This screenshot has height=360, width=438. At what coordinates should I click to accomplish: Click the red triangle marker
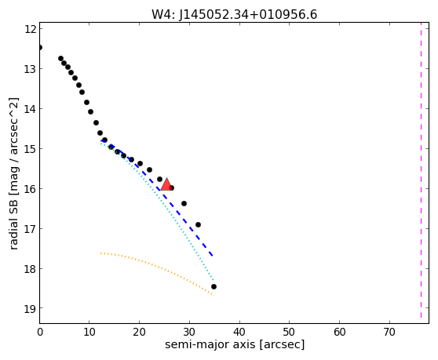[x=166, y=184]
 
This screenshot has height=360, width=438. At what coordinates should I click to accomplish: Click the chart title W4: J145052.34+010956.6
[x=235, y=14]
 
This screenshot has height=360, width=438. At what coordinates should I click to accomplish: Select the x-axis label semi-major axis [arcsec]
[x=235, y=344]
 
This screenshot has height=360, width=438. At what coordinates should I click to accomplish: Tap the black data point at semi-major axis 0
[x=40, y=47]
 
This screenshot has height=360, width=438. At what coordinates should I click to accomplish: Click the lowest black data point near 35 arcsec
[x=214, y=286]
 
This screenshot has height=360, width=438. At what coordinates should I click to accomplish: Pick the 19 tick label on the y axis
[x=30, y=309]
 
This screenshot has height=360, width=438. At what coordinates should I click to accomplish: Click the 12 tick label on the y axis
[x=30, y=29]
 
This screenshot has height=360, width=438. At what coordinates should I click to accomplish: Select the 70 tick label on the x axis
[x=389, y=332]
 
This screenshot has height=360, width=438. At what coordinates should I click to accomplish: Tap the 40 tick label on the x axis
[x=239, y=332]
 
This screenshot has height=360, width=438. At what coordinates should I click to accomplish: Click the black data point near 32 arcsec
[x=198, y=224]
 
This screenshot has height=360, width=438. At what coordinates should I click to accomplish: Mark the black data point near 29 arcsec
[x=184, y=203]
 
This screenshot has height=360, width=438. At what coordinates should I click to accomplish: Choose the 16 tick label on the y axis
[x=30, y=189]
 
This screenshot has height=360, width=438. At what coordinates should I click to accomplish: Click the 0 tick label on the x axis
[x=40, y=332]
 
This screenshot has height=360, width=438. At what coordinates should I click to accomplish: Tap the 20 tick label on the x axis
[x=139, y=332]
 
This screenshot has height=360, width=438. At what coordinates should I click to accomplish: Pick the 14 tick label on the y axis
[x=30, y=109]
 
